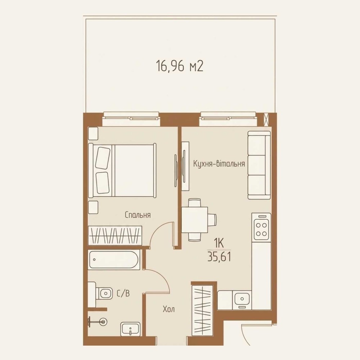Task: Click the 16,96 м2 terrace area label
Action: coord(180,66)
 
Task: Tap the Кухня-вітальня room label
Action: coord(219,164)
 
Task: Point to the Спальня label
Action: coord(138,215)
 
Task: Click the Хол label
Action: coord(169,309)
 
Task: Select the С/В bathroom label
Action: coord(123,293)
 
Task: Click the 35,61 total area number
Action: coord(219,257)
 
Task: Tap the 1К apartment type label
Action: coord(219,243)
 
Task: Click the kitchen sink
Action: coord(242,299)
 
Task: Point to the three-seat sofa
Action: coord(259,165)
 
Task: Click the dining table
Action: coord(195,220)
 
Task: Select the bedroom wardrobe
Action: coord(115,235)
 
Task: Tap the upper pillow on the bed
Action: coord(103,158)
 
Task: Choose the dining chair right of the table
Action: coord(212,220)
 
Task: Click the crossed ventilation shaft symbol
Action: coord(266,120)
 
